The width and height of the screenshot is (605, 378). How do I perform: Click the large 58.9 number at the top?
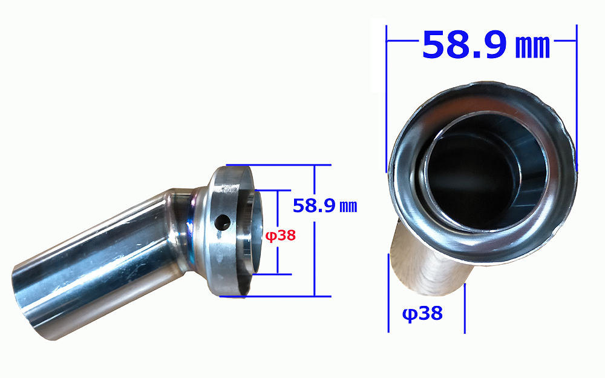pyautogui.click(x=465, y=45)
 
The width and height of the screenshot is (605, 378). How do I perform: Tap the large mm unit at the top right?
pyautogui.click(x=532, y=47)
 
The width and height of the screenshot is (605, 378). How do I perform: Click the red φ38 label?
pyautogui.click(x=281, y=236)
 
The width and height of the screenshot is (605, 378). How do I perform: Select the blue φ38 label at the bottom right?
pyautogui.click(x=422, y=313)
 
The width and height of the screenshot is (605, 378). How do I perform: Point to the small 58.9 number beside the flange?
pyautogui.click(x=314, y=205)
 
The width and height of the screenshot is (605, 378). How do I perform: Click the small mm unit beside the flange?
pyautogui.click(x=348, y=207)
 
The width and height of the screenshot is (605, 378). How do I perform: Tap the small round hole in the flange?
pyautogui.click(x=223, y=222)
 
